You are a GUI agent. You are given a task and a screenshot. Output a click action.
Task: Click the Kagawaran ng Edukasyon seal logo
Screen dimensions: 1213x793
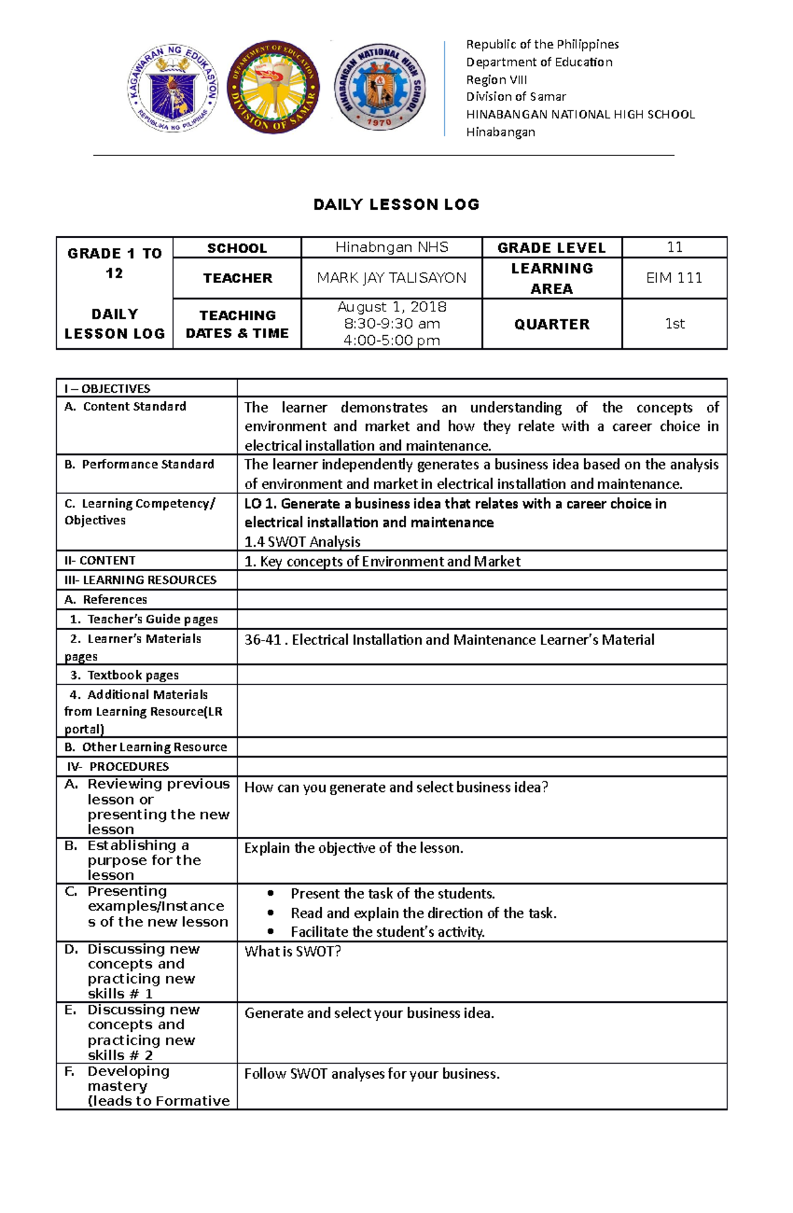(173, 87)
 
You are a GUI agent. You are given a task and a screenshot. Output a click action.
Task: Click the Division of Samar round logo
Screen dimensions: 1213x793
(273, 87)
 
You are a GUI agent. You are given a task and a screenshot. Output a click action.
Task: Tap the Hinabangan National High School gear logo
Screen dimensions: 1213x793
(379, 87)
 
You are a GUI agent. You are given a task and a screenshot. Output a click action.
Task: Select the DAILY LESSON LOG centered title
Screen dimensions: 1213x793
(397, 204)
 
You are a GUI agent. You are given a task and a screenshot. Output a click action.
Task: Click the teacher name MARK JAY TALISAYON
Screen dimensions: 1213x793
(391, 278)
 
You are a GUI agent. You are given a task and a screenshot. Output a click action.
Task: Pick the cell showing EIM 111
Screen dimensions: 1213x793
(674, 278)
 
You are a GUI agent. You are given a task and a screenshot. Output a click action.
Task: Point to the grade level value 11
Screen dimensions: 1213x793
(674, 247)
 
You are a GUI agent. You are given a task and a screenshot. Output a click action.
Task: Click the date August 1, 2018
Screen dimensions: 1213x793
(392, 307)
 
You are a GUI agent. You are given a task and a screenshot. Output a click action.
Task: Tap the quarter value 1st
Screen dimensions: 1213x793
(674, 323)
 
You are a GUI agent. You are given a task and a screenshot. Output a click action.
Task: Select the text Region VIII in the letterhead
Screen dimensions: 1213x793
(496, 79)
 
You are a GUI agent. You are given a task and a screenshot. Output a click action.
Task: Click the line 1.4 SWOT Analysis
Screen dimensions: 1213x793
(303, 541)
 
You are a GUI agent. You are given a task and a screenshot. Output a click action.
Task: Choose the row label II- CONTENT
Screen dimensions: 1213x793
(100, 561)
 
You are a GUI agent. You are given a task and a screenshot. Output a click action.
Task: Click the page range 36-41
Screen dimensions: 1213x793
(262, 640)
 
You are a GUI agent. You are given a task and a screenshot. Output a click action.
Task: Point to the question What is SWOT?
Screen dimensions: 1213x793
(293, 951)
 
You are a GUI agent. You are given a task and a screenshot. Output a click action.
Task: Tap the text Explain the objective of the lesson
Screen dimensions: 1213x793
(354, 848)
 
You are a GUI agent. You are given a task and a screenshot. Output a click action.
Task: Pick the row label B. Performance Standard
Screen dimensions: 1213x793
(139, 465)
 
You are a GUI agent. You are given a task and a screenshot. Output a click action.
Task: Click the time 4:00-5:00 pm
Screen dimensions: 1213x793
(392, 340)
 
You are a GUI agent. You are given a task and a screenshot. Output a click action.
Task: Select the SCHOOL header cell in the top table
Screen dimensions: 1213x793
(237, 248)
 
